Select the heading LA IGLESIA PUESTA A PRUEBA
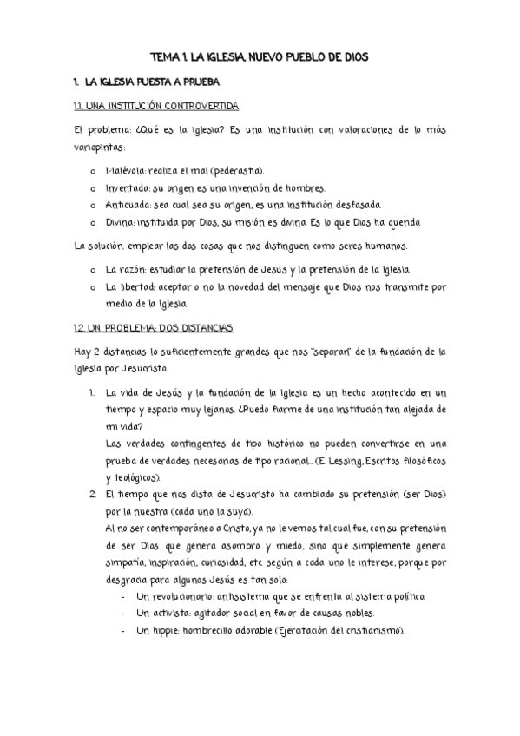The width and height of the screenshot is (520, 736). pyautogui.click(x=151, y=82)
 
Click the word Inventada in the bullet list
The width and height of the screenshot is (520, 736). pyautogui.click(x=128, y=188)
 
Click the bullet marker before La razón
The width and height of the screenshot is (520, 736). pyautogui.click(x=94, y=270)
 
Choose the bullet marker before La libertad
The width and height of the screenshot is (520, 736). pyautogui.click(x=94, y=286)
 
